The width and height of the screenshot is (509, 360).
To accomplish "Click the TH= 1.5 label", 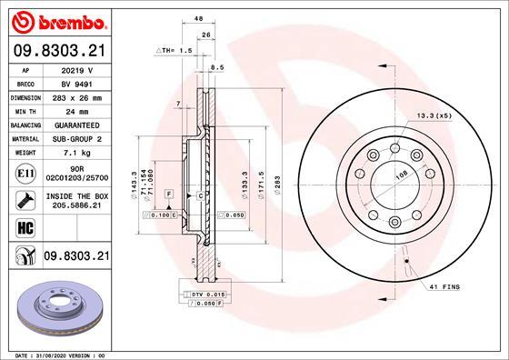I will click(x=175, y=51).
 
